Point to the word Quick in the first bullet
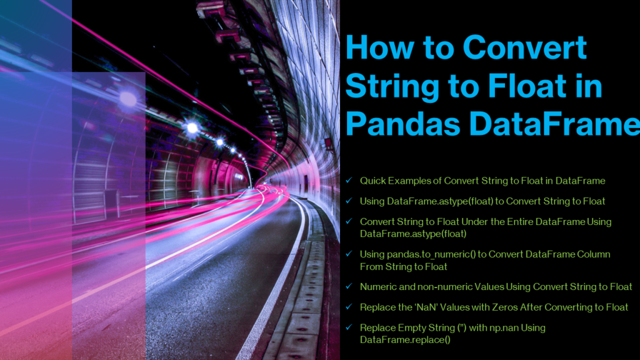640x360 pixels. point(372,181)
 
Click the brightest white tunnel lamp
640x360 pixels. point(192,127)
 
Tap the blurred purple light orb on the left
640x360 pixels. point(128,98)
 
